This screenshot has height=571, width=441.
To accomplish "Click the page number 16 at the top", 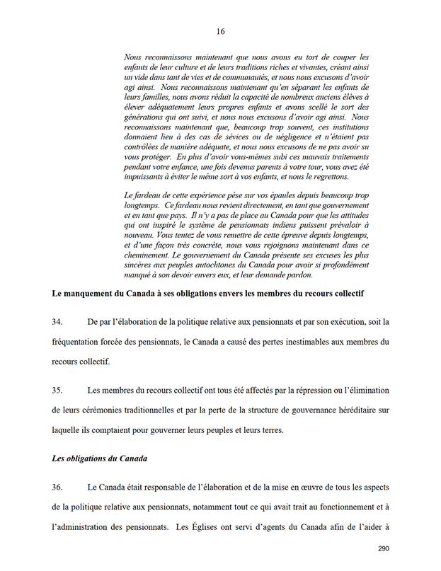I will [220, 31].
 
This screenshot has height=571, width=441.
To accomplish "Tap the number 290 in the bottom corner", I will [384, 548].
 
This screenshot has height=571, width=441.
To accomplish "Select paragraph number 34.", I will [58, 322].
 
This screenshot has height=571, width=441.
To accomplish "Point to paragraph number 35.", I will [58, 391].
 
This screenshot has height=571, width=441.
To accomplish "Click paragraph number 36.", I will [58, 488].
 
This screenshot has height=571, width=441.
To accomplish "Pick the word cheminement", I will [148, 254].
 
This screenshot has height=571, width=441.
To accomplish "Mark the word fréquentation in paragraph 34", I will [82, 342].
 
